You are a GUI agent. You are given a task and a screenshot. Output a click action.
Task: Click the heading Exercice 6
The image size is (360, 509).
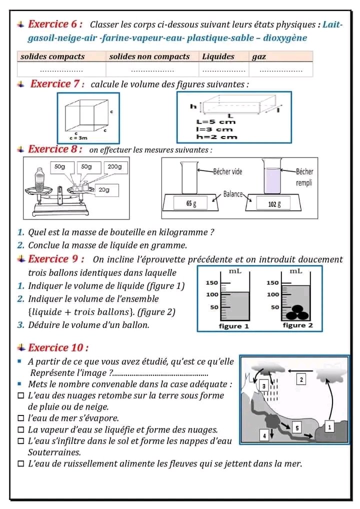point(55,24)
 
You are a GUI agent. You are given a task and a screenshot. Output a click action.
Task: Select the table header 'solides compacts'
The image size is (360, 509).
point(52,56)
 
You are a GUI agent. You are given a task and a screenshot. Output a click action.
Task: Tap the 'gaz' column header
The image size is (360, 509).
point(259,56)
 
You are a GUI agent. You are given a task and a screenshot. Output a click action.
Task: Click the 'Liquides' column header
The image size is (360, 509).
point(218,56)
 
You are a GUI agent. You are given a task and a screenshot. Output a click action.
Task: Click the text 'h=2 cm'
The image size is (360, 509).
point(216,137)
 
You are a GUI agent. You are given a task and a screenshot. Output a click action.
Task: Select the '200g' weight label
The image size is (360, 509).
point(115,166)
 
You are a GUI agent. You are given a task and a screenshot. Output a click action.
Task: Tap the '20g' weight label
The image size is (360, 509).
point(104,189)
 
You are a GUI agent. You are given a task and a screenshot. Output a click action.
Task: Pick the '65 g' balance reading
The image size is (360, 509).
point(190,203)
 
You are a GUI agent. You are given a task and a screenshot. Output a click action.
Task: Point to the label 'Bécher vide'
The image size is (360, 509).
point(227,171)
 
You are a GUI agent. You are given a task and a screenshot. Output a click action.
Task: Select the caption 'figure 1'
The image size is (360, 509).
point(233,326)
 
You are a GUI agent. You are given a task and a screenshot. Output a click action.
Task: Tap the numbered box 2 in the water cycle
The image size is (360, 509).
point(300,380)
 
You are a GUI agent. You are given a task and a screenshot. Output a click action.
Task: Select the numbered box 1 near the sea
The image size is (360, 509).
point(329,426)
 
